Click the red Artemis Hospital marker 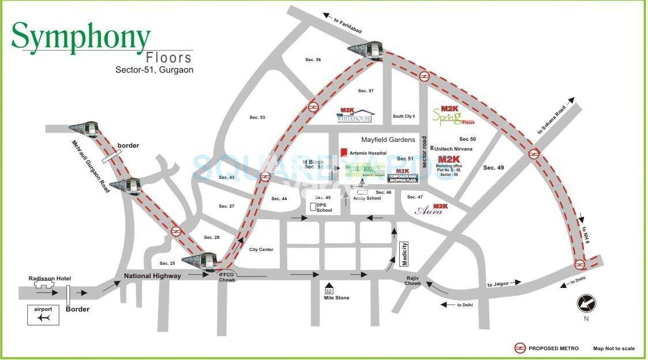coord(344,152)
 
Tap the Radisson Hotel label coord(50,279)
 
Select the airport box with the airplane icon coord(43,315)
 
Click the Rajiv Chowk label coord(412,280)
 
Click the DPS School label coord(324,207)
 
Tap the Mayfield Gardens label coord(388,140)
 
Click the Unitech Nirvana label coord(453,149)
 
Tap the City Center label coord(261,249)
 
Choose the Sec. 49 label coord(493,168)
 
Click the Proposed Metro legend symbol coord(520,348)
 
